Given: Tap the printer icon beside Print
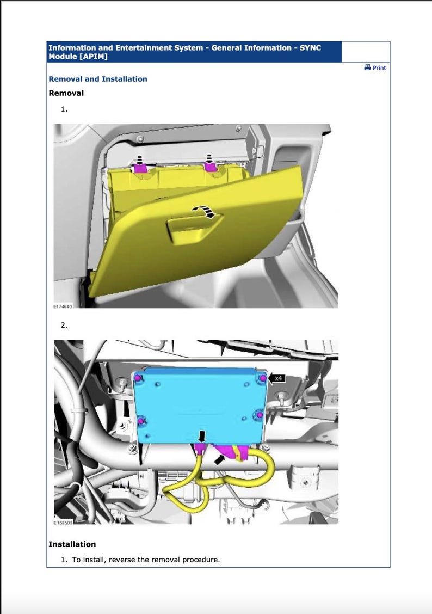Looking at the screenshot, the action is coord(367,67).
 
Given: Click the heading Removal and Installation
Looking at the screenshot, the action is coord(98,79).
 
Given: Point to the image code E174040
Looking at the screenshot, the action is coord(63,306).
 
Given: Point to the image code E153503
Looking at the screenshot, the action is coord(63,523).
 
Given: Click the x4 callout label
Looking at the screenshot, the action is coord(278,378).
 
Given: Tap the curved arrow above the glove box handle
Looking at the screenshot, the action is coord(203,211).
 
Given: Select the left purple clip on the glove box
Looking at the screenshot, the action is coord(140,168).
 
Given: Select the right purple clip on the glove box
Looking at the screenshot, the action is coord(211,167).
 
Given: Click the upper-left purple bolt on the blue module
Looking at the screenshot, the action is coord(138,378).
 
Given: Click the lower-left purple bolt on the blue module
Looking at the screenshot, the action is coord(141,421).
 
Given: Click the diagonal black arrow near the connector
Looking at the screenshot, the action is coord(221,459).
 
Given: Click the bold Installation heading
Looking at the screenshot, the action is coord(72,544).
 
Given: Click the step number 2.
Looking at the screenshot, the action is coord(64,325).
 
